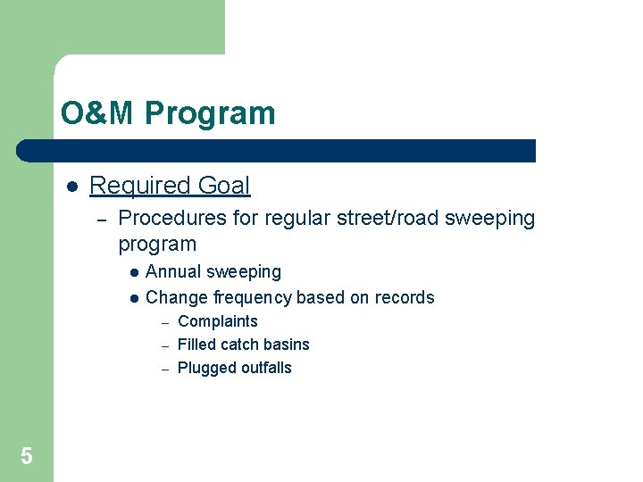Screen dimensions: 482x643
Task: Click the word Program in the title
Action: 210,114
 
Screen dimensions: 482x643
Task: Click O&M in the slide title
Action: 98,114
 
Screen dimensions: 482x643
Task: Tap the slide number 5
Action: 27,457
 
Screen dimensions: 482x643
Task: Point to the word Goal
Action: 224,186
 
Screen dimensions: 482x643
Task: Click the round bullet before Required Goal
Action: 72,187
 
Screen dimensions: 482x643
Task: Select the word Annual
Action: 173,271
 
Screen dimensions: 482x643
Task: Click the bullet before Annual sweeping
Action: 132,273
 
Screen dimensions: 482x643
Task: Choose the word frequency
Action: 255,297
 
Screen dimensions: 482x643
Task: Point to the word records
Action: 403,297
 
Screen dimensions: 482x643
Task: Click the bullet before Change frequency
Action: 132,299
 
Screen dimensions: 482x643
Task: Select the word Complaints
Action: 218,321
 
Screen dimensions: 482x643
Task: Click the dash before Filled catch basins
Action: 165,345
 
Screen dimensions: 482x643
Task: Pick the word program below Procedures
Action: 157,245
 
